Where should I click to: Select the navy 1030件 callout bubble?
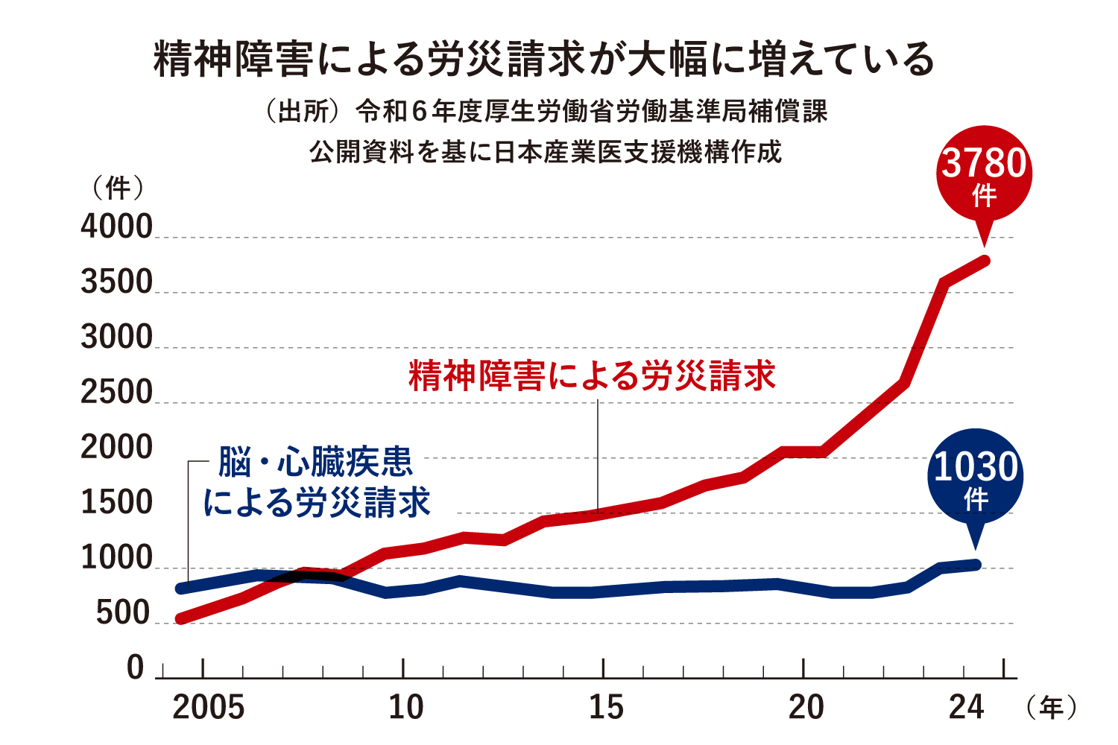pyautogui.click(x=976, y=477)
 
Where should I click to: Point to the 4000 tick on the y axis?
pyautogui.click(x=117, y=227)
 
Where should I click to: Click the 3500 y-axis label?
pyautogui.click(x=117, y=283)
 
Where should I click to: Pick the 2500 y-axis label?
pyautogui.click(x=117, y=393)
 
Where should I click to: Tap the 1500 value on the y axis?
pyautogui.click(x=117, y=504)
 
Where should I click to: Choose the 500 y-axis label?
pyautogui.click(x=124, y=614)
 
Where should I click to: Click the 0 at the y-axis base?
pyautogui.click(x=136, y=668)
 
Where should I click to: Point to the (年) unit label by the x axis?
pyautogui.click(x=1052, y=707)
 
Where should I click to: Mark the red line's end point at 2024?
pyautogui.click(x=985, y=261)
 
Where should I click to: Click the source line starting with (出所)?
pyautogui.click(x=546, y=112)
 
